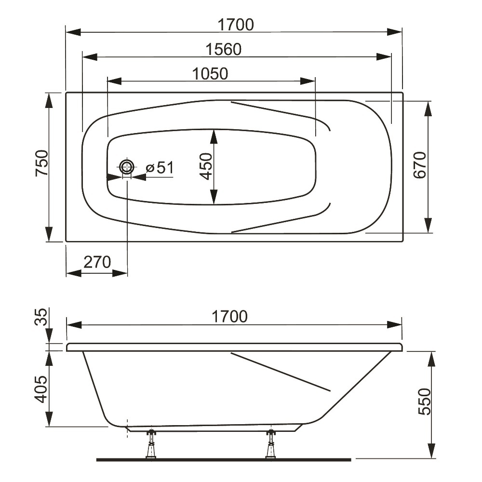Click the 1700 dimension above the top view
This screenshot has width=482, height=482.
coord(236,25)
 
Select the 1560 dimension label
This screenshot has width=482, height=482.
coord(224,50)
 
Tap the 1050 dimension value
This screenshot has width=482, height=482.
coord(210,74)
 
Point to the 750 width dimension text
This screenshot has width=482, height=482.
coord(42,163)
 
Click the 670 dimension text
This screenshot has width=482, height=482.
coord(420,165)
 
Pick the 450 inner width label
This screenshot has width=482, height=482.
coord(206,166)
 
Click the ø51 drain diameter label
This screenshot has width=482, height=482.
coord(160,168)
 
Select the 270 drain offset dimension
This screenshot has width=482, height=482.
coord(97,262)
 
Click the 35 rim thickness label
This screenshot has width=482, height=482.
coord(41,317)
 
